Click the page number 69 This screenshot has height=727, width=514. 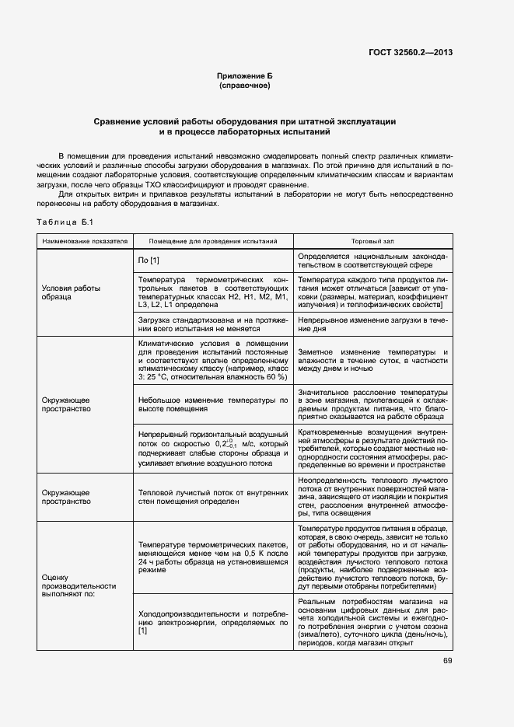448,661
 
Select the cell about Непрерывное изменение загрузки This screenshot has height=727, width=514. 372,324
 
